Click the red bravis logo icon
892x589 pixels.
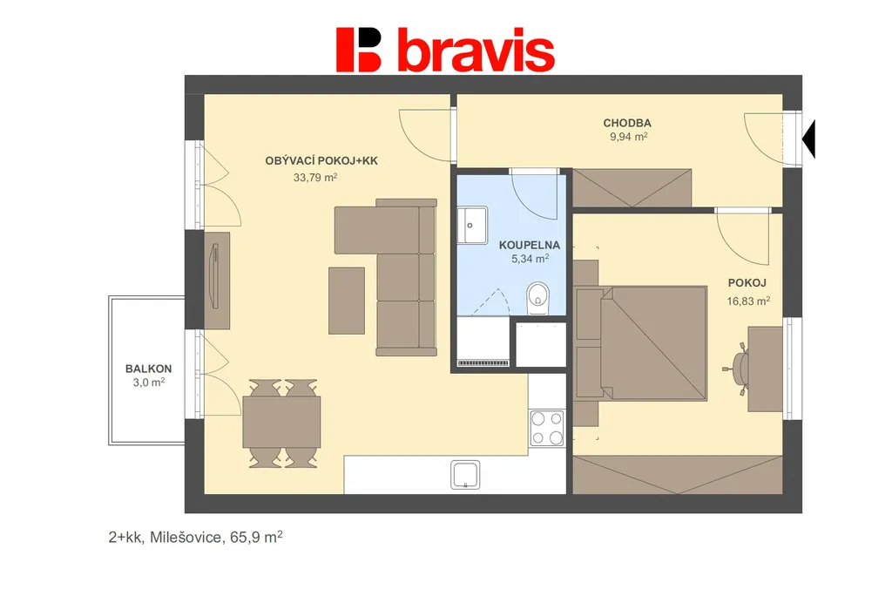(358, 50)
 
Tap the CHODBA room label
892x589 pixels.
(627, 123)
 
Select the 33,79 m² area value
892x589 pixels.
(315, 178)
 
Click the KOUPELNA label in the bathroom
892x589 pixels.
(529, 246)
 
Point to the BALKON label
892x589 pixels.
(148, 369)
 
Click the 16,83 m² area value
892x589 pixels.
(748, 301)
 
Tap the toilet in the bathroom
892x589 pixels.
(537, 298)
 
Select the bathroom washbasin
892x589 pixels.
(472, 225)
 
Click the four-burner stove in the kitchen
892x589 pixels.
(547, 429)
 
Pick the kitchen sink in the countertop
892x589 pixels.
(465, 475)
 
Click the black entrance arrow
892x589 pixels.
(808, 139)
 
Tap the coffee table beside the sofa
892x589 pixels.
(347, 301)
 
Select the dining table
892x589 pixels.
(281, 422)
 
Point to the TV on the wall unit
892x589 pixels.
(215, 276)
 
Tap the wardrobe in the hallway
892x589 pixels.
(632, 188)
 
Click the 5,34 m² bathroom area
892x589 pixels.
(530, 259)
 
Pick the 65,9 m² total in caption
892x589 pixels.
(256, 537)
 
